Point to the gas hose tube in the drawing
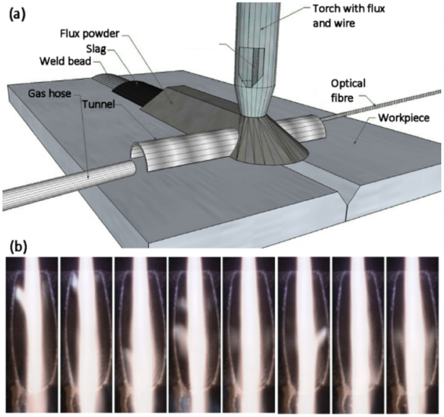click(68, 184)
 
